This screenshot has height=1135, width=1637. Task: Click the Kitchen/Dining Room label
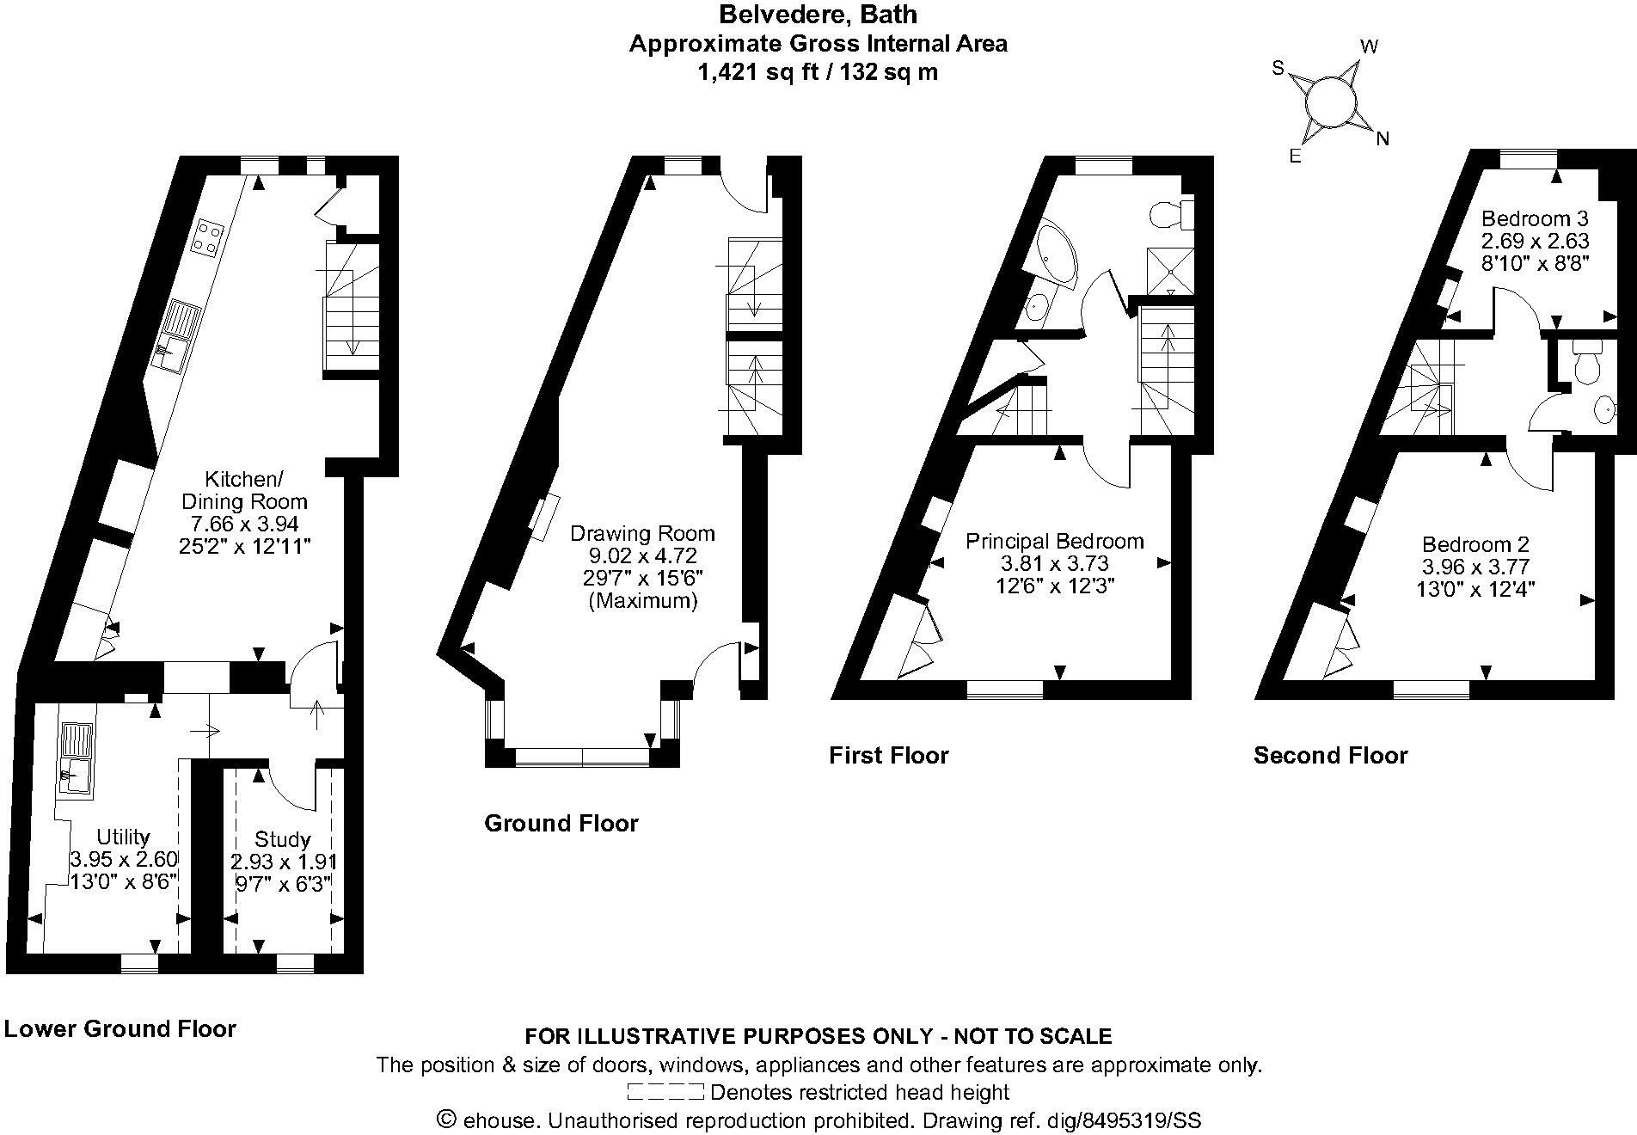(x=243, y=490)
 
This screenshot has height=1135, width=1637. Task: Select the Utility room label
(x=123, y=837)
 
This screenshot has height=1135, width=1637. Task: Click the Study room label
(x=283, y=839)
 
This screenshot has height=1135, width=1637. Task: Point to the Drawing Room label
(x=642, y=533)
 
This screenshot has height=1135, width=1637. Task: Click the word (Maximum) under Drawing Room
(x=642, y=600)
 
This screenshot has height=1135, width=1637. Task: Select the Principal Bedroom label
(x=1054, y=541)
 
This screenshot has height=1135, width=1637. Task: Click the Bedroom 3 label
(x=1535, y=218)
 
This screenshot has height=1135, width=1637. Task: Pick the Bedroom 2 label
(x=1475, y=544)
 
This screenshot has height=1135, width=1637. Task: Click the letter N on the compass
(x=1383, y=138)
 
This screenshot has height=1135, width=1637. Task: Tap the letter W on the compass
(x=1369, y=46)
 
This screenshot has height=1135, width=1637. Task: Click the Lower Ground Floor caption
(x=120, y=1028)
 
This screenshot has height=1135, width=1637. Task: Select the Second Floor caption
(x=1330, y=755)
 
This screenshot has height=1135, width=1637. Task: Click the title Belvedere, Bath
(x=818, y=15)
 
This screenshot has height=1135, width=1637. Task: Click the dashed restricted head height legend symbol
(x=665, y=1093)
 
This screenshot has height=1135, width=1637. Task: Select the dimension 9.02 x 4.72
(x=642, y=555)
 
